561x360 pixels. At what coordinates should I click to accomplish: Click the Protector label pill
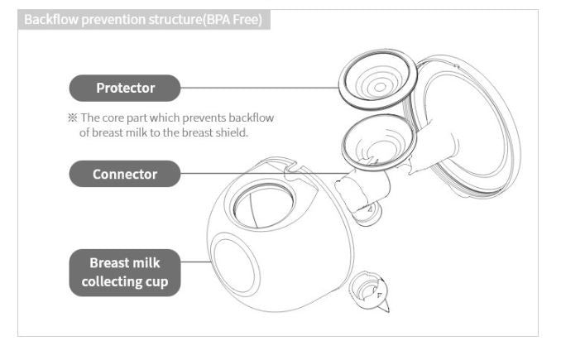pos(124,88)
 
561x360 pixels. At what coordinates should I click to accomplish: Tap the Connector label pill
pos(124,174)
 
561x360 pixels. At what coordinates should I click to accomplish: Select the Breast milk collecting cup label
pos(124,272)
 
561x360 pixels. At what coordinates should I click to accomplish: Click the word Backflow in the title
pos(50,19)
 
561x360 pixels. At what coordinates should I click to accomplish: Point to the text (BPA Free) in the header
pos(233,19)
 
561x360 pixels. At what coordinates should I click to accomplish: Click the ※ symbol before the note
pos(72,118)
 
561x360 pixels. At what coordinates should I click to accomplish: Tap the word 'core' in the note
pos(113,118)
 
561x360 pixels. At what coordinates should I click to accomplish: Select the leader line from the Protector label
pos(260,88)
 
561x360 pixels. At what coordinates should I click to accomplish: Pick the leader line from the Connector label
pos(264,174)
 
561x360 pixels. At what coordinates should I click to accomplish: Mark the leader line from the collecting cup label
pos(196,262)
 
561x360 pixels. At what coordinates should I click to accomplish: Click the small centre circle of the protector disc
pos(380,87)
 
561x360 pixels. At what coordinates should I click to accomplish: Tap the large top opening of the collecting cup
pos(264,206)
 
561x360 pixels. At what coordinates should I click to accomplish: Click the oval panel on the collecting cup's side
pos(234,264)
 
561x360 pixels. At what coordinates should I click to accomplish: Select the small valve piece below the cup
pos(369,291)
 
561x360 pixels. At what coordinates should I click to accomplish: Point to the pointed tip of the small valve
pos(387,310)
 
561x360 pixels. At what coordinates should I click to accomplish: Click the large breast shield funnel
pos(465,125)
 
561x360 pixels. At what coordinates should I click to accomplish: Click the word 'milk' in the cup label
pos(146,263)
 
